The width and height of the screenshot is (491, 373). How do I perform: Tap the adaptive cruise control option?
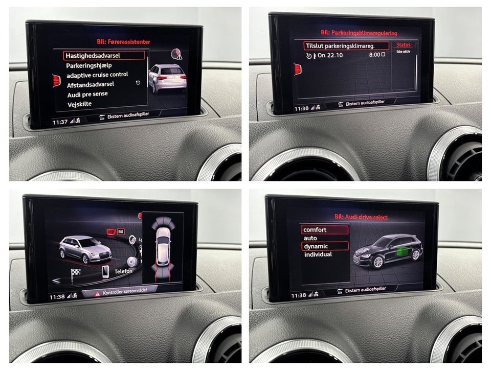coord(97,75)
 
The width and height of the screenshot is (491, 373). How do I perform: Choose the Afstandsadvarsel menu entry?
coord(90,84)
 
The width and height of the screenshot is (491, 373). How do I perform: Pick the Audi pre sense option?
coord(87,95)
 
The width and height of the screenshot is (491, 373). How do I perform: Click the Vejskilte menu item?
coord(79,104)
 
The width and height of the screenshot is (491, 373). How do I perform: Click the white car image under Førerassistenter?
coord(167,78)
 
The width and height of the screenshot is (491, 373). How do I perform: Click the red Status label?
coord(404,45)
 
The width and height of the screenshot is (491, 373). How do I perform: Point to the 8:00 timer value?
coord(374,54)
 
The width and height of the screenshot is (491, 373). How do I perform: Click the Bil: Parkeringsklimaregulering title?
coord(359,33)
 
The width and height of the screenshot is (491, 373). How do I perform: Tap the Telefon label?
coord(123,271)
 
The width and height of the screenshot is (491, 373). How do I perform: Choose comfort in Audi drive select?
coord(315,230)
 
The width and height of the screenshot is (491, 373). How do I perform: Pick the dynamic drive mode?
coord(316,246)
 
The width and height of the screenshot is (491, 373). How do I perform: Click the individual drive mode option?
coord(318,254)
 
